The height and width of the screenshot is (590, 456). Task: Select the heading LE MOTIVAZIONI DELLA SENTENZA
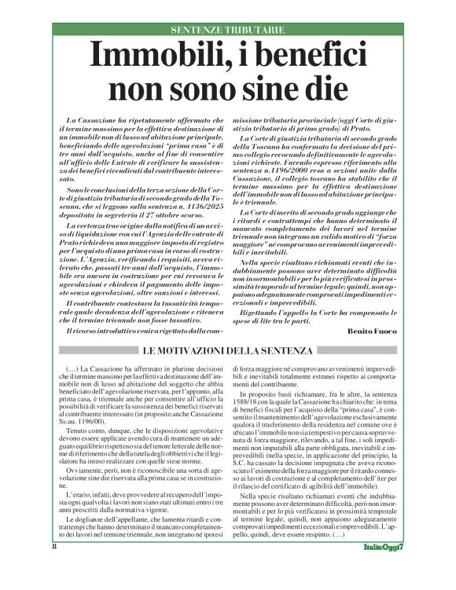coord(227,350)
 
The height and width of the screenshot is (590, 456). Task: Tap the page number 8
coord(55,569)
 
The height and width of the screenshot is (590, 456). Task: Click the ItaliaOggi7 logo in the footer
coord(384,569)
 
